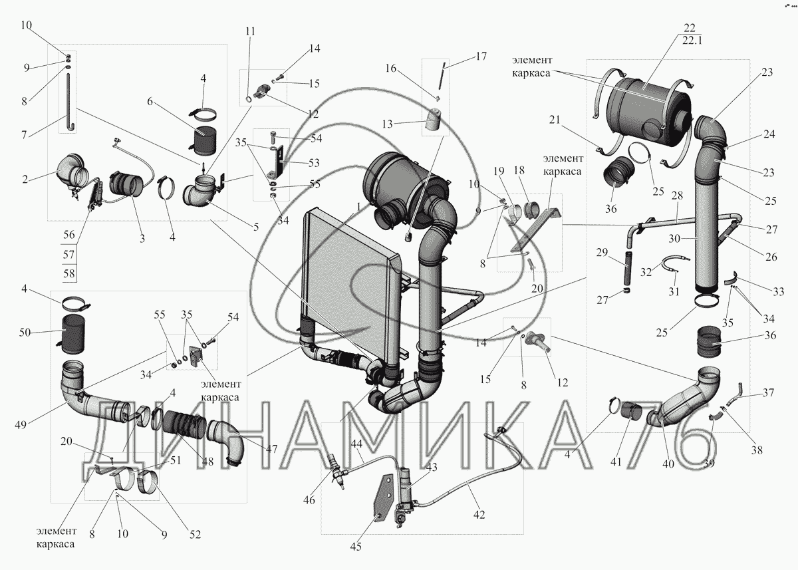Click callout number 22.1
(x=692, y=41)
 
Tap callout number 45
(x=356, y=547)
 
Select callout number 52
(x=195, y=534)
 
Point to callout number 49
(x=21, y=424)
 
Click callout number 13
(x=387, y=124)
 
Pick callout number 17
(x=481, y=57)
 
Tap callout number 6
(x=150, y=102)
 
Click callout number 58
(x=68, y=273)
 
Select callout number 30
(x=674, y=238)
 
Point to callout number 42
(x=479, y=515)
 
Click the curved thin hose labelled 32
(x=676, y=263)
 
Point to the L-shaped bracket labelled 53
(x=277, y=164)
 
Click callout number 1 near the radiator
(x=358, y=207)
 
